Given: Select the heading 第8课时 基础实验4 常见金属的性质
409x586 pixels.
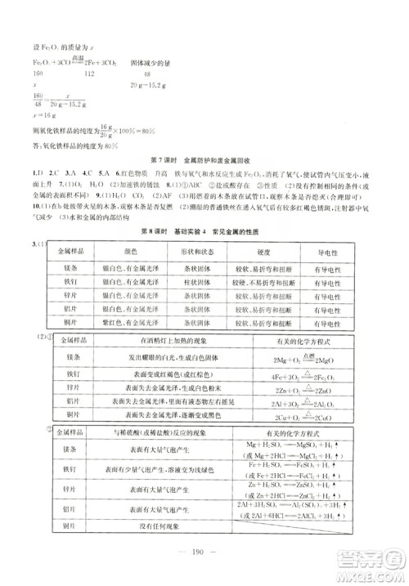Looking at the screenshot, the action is point(204,232).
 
